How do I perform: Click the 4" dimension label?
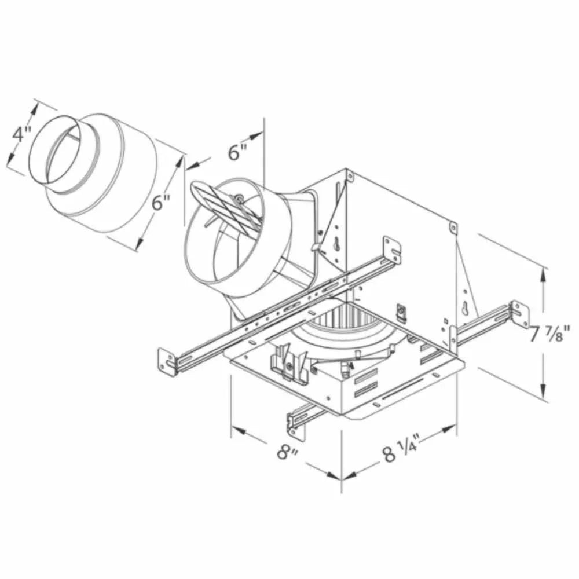point(21,135)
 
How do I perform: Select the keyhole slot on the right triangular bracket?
point(466,307)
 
